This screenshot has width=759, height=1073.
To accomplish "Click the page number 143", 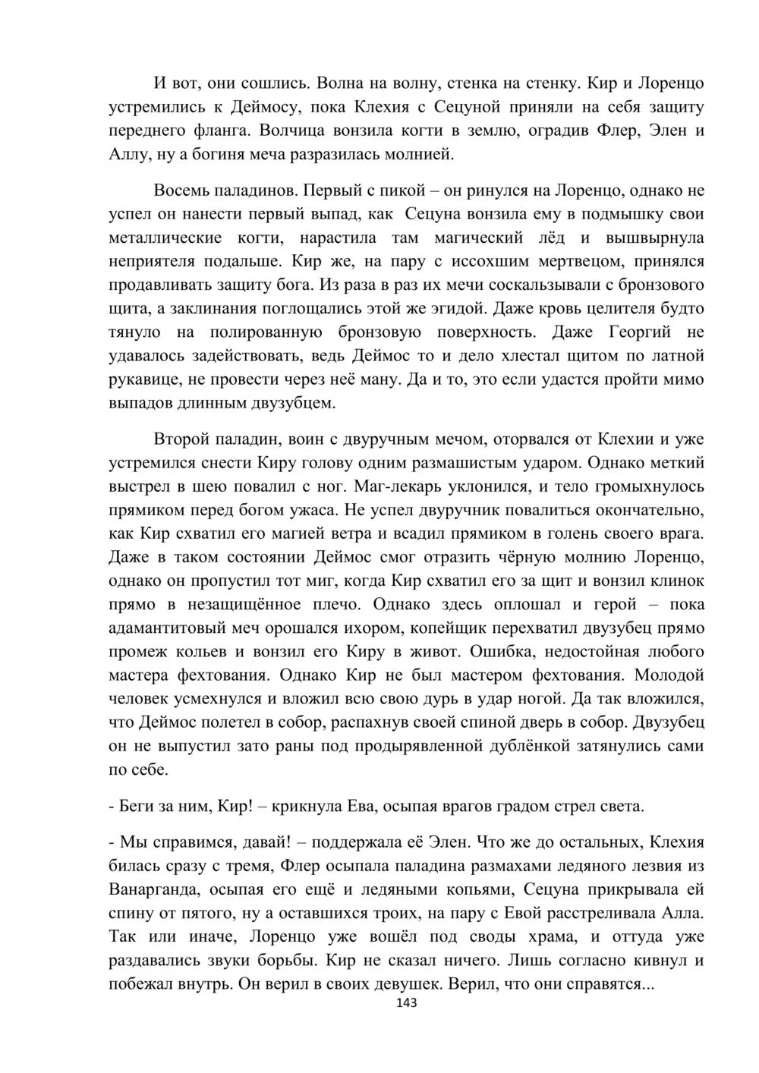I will (407, 1002).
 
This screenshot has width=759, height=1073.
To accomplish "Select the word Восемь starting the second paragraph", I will (180, 189).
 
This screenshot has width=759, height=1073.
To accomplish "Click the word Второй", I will (180, 439).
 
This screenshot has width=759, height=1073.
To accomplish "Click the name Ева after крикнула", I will (365, 806).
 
